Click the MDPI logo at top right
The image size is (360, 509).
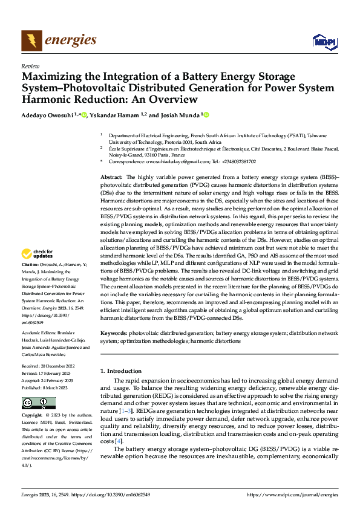coord(324,41)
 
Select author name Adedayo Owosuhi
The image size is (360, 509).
coord(47,115)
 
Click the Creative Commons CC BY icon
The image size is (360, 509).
coord(38,403)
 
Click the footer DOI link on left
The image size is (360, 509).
coord(111,494)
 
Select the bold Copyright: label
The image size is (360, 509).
coord(32,416)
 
